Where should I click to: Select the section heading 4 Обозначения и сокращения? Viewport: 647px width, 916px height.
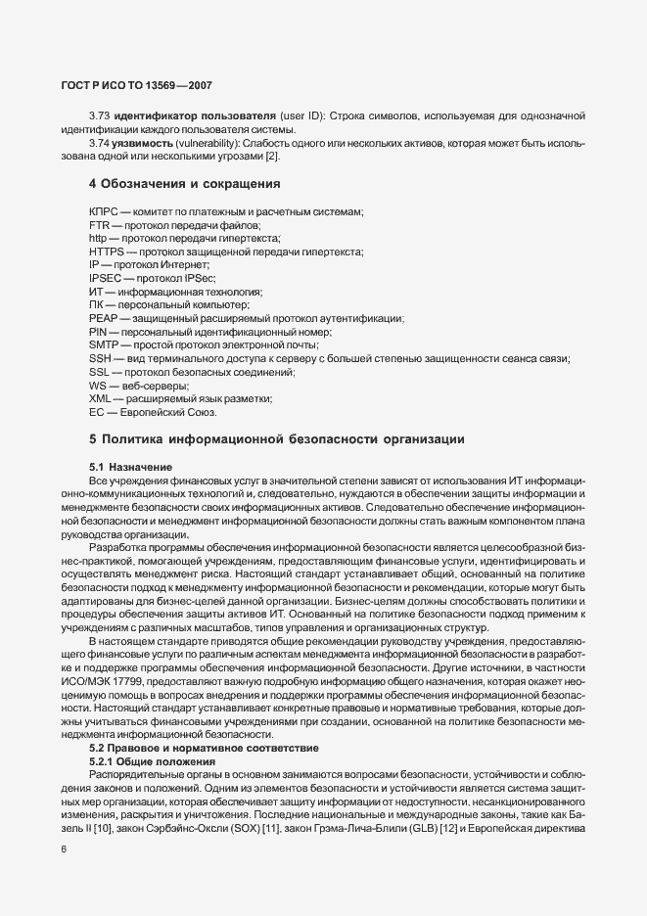click(x=171, y=183)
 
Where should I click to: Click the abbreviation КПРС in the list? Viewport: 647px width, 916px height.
click(x=104, y=212)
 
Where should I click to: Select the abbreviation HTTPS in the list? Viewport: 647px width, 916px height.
click(x=106, y=252)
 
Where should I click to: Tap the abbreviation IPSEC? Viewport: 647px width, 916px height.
click(x=105, y=279)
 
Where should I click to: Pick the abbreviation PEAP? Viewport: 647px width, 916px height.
click(x=103, y=319)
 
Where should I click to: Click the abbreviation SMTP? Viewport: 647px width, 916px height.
click(x=103, y=345)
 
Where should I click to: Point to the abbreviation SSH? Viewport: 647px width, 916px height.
click(x=100, y=359)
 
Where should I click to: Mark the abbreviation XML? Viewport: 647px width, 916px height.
click(x=100, y=399)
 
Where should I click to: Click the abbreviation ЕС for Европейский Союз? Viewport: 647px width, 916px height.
click(x=96, y=412)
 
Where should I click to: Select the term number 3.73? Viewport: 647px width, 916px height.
click(x=99, y=117)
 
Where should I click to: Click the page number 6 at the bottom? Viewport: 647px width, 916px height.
click(x=64, y=849)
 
